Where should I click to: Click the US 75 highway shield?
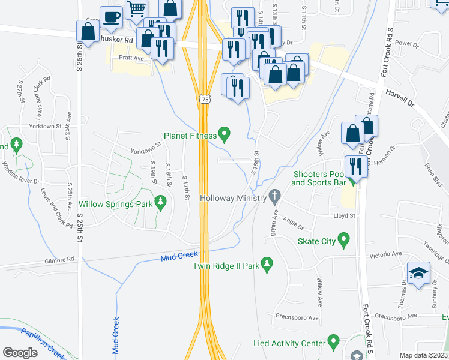click(x=205, y=99)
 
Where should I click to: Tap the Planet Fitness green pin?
click(x=224, y=134)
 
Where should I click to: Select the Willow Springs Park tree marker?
click(x=160, y=203)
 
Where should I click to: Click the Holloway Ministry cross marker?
click(x=275, y=195)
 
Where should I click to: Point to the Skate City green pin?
click(x=344, y=241)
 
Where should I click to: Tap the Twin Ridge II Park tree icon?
click(x=267, y=263)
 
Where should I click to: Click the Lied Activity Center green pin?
click(x=335, y=343)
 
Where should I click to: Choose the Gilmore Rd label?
click(x=59, y=260)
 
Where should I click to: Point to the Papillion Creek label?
click(x=41, y=344)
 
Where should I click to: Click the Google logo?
click(x=20, y=352)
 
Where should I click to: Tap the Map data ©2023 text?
click(x=424, y=355)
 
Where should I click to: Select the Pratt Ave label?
click(x=131, y=58)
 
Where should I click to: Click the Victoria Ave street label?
click(x=385, y=254)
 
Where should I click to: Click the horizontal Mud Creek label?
click(x=179, y=257)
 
